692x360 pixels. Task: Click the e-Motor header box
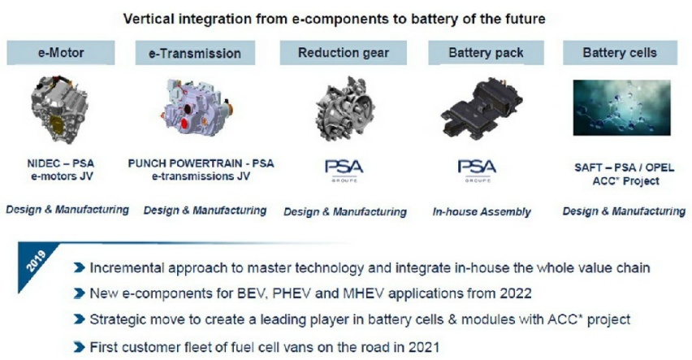pos(61,53)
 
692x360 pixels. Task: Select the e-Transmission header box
pos(195,53)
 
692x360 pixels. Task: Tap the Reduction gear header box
pos(344,53)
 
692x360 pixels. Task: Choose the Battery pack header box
pos(486,53)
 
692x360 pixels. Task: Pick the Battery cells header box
pos(620,53)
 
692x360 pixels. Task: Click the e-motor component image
pos(60,109)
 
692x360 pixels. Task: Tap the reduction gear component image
pos(345,108)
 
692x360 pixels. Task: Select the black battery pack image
pos(482,108)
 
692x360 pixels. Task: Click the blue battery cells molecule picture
pos(622,107)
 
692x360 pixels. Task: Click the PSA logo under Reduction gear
pos(344,171)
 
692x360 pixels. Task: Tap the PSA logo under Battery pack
pos(477,171)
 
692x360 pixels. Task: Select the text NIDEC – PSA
pos(60,163)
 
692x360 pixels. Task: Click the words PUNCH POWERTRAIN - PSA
pos(201,163)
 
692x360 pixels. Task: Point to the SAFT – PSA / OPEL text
pos(624,168)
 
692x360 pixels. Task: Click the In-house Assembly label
pos(482,211)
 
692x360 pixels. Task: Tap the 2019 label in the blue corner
pos(37,261)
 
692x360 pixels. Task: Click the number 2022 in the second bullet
pos(516,293)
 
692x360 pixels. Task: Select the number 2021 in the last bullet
pos(424,347)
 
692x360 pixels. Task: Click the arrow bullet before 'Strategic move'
pos(80,319)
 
